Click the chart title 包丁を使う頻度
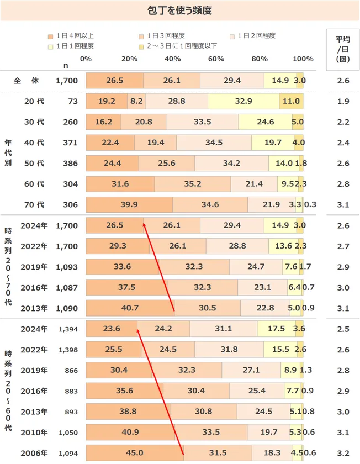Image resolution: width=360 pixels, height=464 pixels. (x=180, y=10)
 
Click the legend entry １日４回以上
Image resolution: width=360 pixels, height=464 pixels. (x=75, y=36)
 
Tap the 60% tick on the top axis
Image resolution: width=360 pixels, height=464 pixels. (x=216, y=59)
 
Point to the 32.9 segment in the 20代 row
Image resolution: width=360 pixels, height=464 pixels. (x=243, y=101)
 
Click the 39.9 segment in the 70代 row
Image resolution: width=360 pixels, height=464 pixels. (x=129, y=204)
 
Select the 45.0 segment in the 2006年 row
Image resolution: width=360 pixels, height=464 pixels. (x=135, y=453)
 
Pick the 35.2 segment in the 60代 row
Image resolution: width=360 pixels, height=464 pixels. (x=192, y=184)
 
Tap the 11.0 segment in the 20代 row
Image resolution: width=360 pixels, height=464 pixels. (x=290, y=101)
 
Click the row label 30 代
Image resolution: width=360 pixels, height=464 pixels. (x=34, y=122)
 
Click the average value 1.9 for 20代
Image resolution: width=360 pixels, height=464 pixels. (x=343, y=101)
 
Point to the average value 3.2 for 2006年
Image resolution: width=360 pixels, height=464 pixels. (x=343, y=453)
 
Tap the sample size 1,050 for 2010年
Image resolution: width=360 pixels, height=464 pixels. (x=68, y=433)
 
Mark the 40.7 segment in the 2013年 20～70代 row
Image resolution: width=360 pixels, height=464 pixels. (x=130, y=308)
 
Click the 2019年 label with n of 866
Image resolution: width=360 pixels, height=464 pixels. (x=34, y=370)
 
